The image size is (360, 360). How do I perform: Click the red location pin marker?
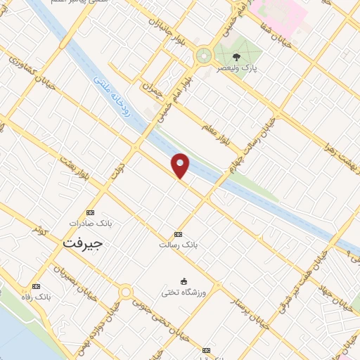coord(181,165)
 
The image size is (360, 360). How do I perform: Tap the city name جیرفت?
coord(82,243)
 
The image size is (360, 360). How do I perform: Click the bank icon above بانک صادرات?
coord(90,212)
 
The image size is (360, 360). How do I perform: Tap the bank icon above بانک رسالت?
coord(178,234)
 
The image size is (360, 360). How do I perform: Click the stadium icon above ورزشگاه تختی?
coord(184,281)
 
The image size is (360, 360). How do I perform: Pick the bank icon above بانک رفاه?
coord(36,286)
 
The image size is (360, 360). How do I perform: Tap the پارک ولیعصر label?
coord(239,69)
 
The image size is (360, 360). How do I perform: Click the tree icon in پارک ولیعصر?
coord(236,58)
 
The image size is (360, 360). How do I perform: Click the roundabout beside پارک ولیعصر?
coord(205,56)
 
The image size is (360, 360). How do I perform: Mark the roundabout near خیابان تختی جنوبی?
coord(126,292)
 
